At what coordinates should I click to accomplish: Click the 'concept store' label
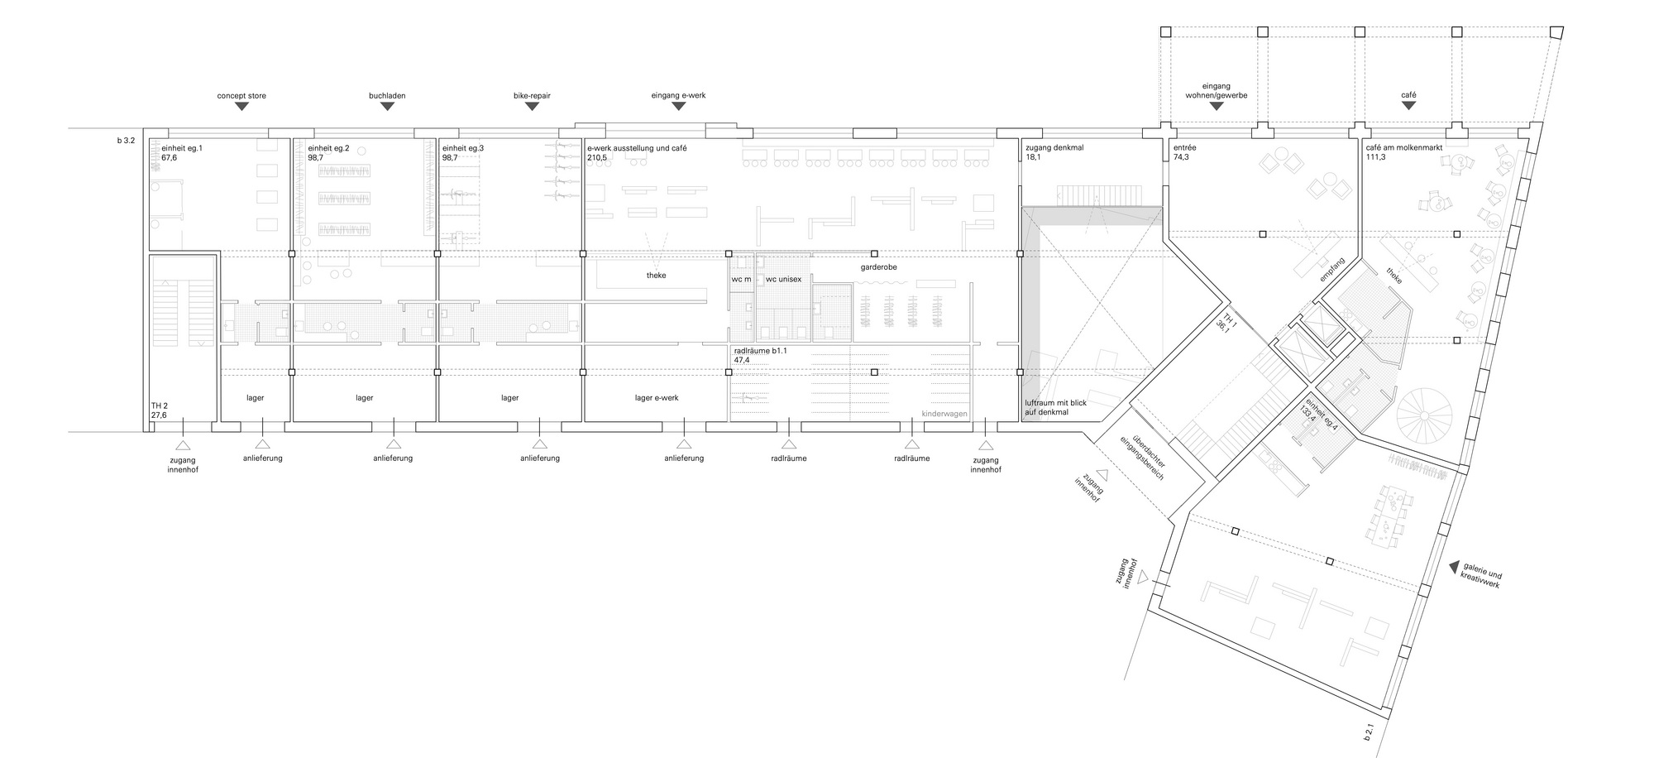coord(241,96)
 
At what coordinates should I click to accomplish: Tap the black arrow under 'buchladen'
coord(387,108)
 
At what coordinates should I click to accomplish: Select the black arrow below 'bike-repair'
coord(532,108)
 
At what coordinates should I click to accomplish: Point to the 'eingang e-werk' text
coord(678,96)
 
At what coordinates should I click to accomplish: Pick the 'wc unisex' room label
coord(783,280)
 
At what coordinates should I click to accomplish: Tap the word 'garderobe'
coord(878,268)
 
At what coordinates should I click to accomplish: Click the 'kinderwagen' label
coord(944,414)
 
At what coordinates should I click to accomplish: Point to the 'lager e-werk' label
coord(657,398)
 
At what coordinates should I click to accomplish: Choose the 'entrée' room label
coord(1185,147)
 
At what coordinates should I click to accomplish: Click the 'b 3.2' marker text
coord(126,142)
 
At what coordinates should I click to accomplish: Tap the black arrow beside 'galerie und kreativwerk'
coord(1453,568)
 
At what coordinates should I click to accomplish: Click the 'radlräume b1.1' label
coord(761,351)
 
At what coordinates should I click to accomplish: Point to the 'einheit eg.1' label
coord(170,147)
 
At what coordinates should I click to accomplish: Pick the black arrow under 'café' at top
coord(1408,108)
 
